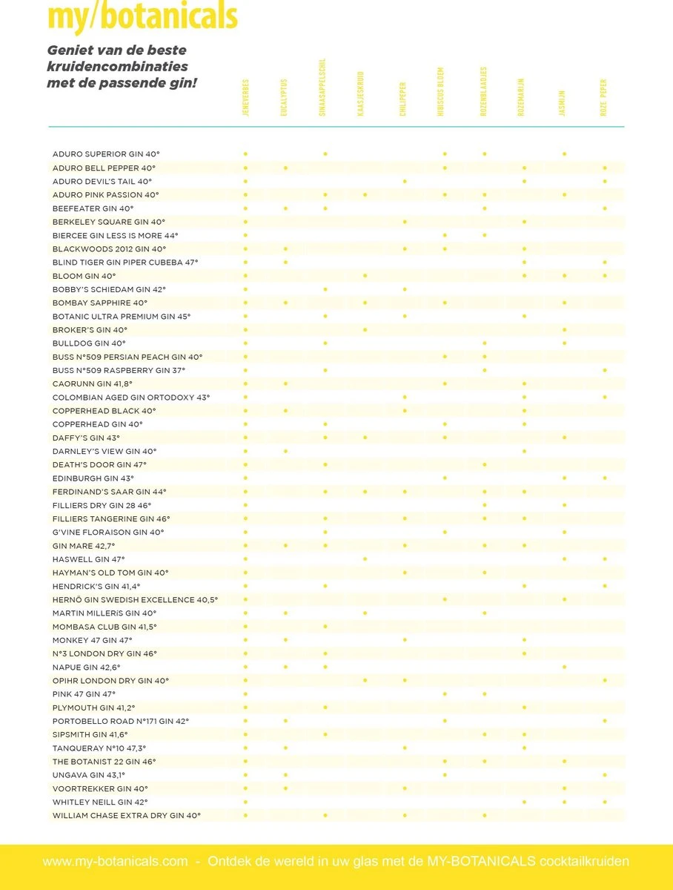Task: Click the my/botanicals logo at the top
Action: pyautogui.click(x=142, y=16)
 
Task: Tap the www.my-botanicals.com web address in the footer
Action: pyautogui.click(x=116, y=862)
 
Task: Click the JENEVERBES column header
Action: pyautogui.click(x=245, y=96)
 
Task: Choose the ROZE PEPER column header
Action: pyautogui.click(x=604, y=97)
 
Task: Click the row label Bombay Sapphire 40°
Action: pyautogui.click(x=100, y=303)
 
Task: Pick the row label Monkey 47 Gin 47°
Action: pyautogui.click(x=93, y=640)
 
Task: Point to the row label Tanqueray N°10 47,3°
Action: pyautogui.click(x=99, y=748)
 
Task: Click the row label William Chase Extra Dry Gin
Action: pyautogui.click(x=127, y=815)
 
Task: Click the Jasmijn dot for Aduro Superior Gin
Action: pyautogui.click(x=564, y=154)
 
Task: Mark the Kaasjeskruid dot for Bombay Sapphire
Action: pyautogui.click(x=365, y=303)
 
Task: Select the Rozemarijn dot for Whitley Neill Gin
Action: pyautogui.click(x=524, y=802)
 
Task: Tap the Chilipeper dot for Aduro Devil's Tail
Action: pyautogui.click(x=405, y=181)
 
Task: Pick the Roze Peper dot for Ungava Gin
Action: pyautogui.click(x=605, y=775)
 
